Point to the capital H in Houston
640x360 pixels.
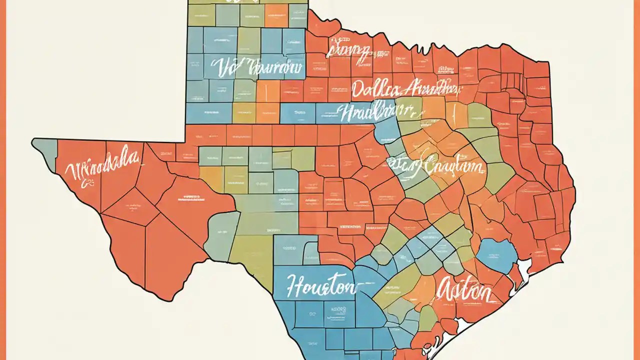tap(296, 284)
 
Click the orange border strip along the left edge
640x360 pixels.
tap(2, 180)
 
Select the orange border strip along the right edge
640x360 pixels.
tap(637, 180)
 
